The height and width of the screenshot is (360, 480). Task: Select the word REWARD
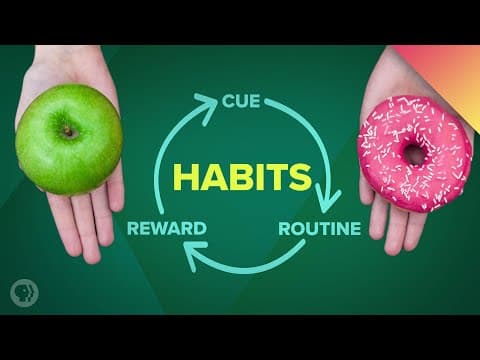point(167,228)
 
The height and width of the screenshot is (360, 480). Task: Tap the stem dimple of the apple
point(68,130)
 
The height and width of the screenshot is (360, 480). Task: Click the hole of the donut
point(413,154)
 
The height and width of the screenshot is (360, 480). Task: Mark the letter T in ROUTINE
point(319,228)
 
